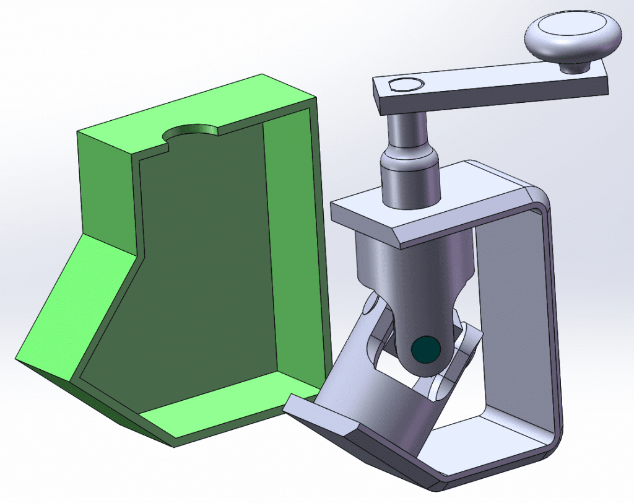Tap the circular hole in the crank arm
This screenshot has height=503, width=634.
pyautogui.click(x=405, y=85)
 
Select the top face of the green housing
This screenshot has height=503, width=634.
pyautogui.click(x=186, y=112)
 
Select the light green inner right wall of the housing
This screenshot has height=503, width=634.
pyautogui.click(x=291, y=248)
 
